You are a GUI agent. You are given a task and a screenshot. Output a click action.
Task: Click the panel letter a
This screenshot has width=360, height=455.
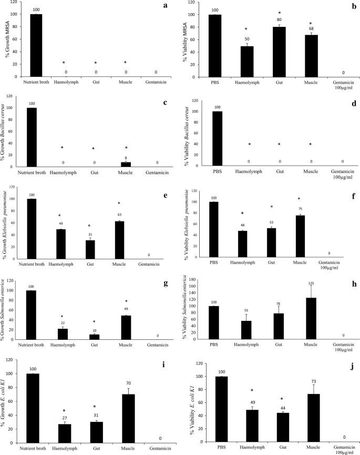point(166,6)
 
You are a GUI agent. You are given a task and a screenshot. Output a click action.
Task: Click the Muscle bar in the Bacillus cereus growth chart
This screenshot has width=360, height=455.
point(126,164)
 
